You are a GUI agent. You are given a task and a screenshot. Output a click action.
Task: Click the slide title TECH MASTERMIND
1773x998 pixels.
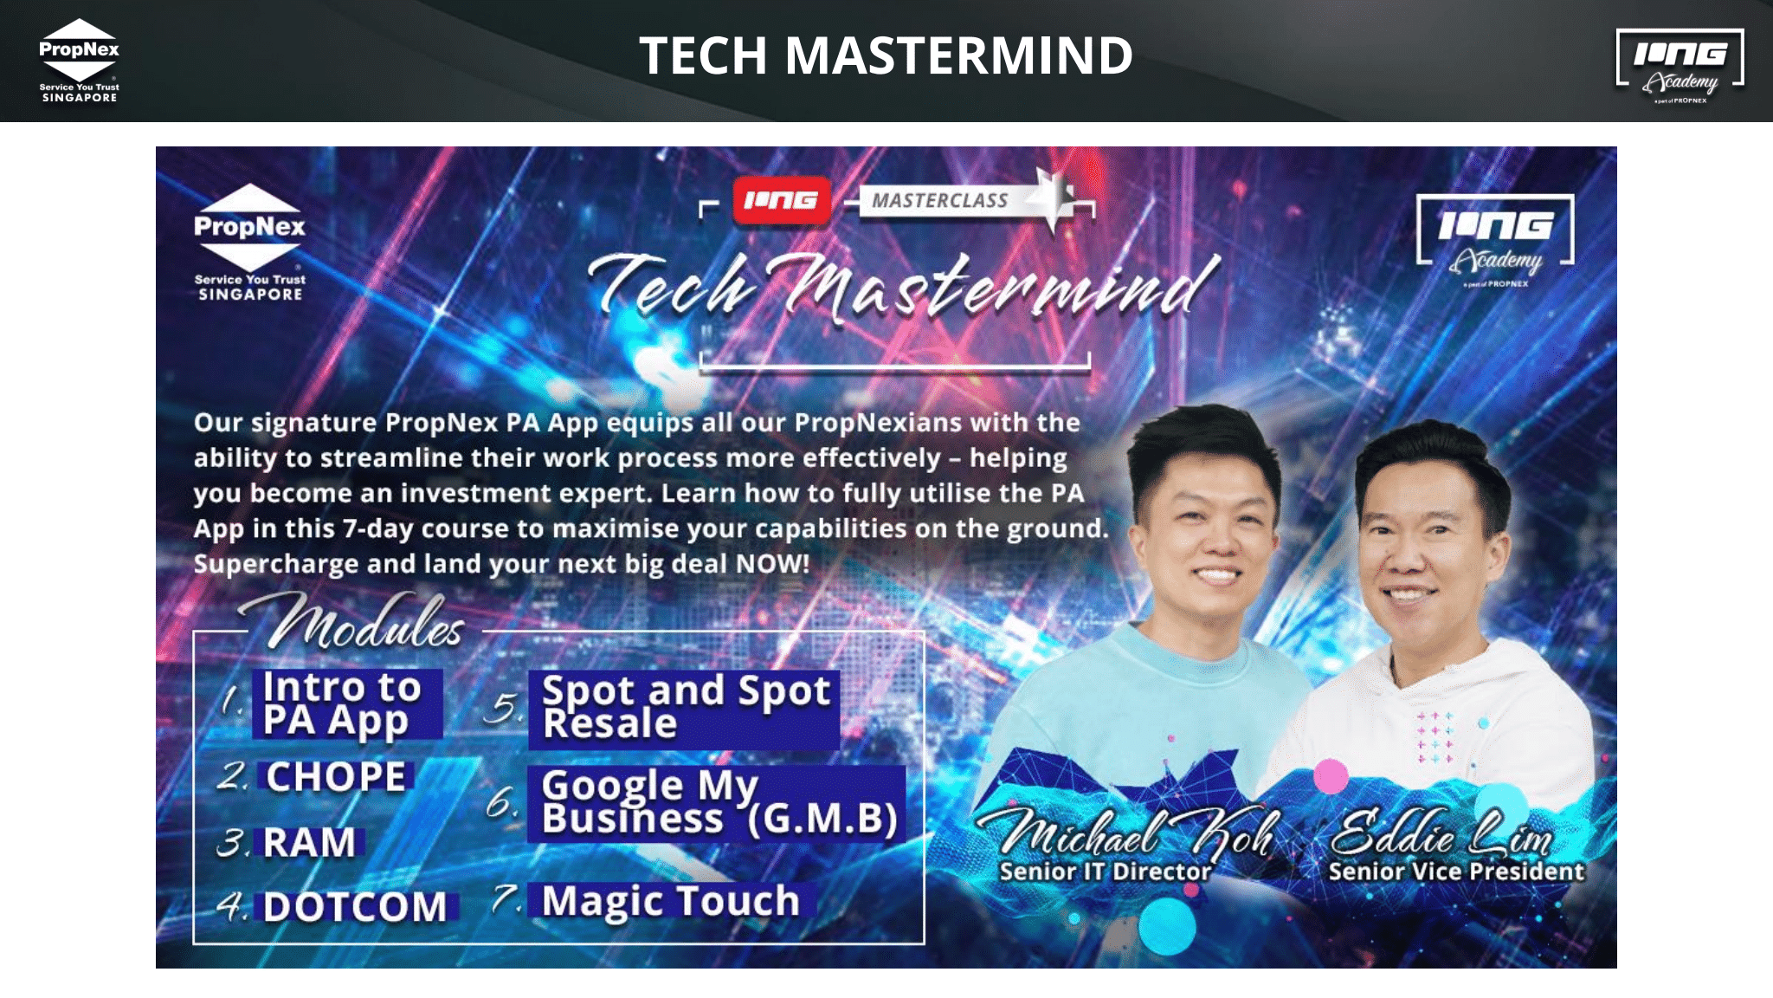[x=886, y=55]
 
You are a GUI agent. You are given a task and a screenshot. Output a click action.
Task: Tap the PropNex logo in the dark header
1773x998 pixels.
[x=79, y=61]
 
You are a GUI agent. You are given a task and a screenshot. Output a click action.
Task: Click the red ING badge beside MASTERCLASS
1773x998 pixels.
[x=781, y=200]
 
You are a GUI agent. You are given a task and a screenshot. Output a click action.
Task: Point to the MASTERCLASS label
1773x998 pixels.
[x=940, y=201]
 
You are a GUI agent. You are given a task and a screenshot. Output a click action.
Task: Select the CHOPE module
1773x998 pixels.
[x=336, y=776]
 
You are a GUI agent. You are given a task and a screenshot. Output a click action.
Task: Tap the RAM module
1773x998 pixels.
[x=310, y=842]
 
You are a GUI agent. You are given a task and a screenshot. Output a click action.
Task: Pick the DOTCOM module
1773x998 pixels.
[x=356, y=906]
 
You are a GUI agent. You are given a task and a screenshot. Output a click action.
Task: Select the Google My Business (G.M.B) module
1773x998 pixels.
[x=717, y=803]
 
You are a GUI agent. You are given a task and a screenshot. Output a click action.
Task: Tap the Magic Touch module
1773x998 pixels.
[x=671, y=901]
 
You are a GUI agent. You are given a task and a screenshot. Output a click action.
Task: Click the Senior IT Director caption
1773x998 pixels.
[x=1106, y=871]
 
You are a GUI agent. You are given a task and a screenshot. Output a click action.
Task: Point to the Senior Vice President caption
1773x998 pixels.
[x=1456, y=871]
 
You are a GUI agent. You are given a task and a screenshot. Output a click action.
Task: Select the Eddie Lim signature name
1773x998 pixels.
[x=1441, y=832]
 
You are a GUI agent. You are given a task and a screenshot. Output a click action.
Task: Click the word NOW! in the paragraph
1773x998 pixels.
[x=772, y=564]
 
